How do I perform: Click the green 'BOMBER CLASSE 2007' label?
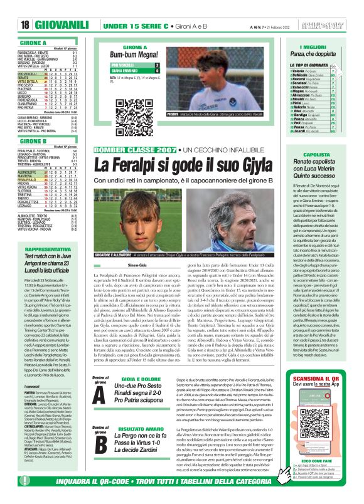click(x=132, y=151)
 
